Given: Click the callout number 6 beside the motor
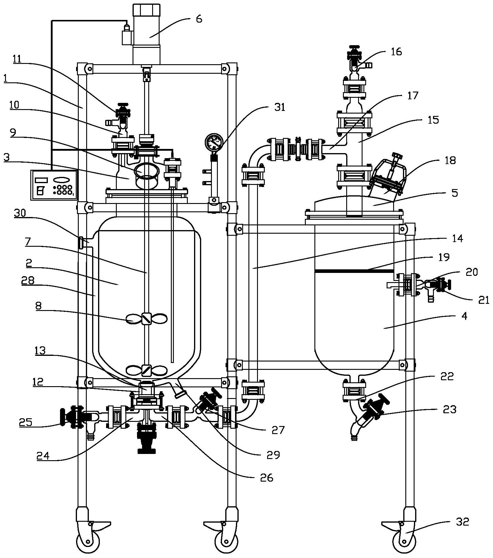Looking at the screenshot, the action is click(x=199, y=19).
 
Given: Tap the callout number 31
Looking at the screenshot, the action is click(x=279, y=107).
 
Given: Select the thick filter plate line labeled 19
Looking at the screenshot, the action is click(x=354, y=271).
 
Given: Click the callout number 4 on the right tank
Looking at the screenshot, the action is click(x=464, y=316).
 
